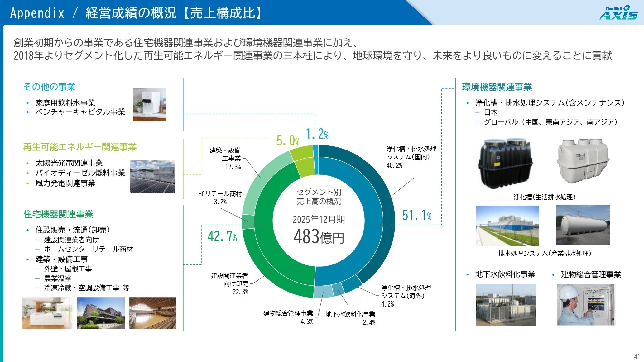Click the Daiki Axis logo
pos(618,13)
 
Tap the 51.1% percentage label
pos(417,215)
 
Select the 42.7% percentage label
pos(222,236)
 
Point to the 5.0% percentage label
pos(288,141)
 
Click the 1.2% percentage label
pos(317,134)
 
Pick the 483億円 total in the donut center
pos(319,237)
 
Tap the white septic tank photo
pos(583,161)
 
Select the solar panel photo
pos(152,176)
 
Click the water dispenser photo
pos(149,104)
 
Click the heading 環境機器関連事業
pos(497,87)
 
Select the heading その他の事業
pos(50,87)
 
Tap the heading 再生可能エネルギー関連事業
pos(80,147)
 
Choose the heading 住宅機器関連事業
pos(58,214)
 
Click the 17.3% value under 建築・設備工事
pos(233,167)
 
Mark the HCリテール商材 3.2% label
pos(220,198)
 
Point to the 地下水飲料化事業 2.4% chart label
pos(350,318)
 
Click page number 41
pos(637,356)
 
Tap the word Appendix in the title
pos(37,13)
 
